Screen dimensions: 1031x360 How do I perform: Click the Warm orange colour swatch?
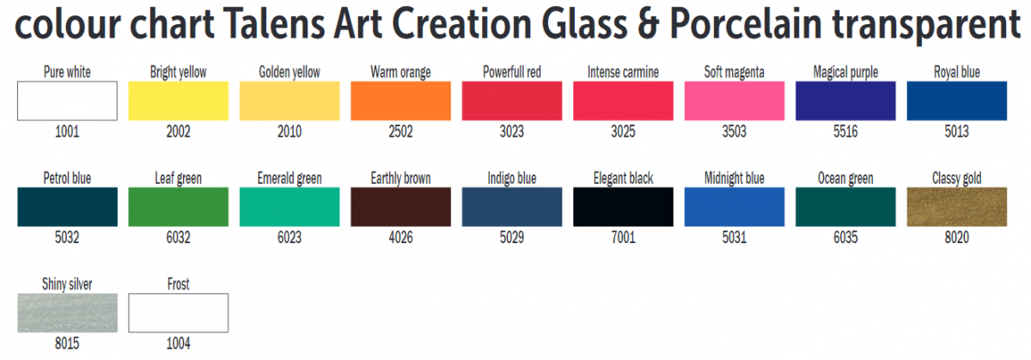[400, 101]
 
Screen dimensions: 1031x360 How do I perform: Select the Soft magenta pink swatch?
[734, 101]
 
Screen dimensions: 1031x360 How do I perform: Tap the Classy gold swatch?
[956, 207]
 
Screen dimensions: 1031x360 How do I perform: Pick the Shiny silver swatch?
[67, 313]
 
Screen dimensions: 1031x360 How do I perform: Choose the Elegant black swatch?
[623, 207]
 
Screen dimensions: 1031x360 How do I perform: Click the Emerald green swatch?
[290, 207]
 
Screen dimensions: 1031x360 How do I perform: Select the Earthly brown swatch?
[400, 207]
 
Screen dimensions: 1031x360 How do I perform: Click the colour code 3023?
[512, 131]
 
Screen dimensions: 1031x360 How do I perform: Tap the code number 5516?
[845, 131]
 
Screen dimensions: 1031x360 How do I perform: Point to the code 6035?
[845, 237]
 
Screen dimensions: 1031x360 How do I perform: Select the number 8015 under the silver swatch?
[67, 344]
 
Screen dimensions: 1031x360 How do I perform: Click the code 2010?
[290, 131]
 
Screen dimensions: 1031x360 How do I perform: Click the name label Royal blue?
[956, 72]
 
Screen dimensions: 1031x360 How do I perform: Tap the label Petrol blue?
[67, 178]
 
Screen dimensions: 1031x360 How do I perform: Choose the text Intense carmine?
[623, 72]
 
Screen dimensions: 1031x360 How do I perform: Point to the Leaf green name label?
[178, 179]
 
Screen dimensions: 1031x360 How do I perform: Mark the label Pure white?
[67, 72]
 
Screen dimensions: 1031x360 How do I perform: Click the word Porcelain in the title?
[745, 24]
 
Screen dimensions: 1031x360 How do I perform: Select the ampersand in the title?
[648, 24]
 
